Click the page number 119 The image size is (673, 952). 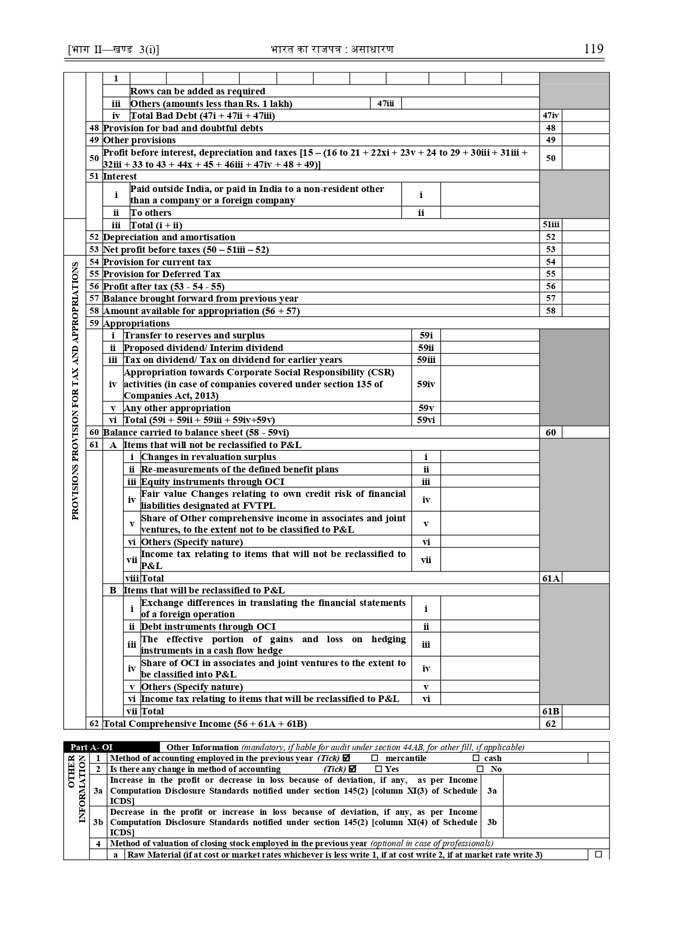point(593,49)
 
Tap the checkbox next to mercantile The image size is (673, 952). point(375,758)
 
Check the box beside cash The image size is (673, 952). point(476,758)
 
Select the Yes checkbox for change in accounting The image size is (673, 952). point(379,769)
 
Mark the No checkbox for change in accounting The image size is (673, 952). point(480,769)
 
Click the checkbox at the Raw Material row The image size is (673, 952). point(598,854)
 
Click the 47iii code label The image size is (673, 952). point(386,103)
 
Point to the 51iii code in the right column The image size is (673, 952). point(550,225)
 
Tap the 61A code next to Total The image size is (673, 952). point(550,578)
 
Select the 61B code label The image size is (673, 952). point(550,711)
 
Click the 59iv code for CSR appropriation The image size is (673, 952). point(426,384)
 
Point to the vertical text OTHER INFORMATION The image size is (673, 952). point(76,790)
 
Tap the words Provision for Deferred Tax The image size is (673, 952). point(162,274)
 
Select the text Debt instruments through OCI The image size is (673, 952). point(208,627)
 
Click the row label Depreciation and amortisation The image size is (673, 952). point(169,237)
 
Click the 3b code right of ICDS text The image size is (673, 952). point(492,822)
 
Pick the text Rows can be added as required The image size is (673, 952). point(198,91)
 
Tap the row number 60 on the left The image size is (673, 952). point(94,432)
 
